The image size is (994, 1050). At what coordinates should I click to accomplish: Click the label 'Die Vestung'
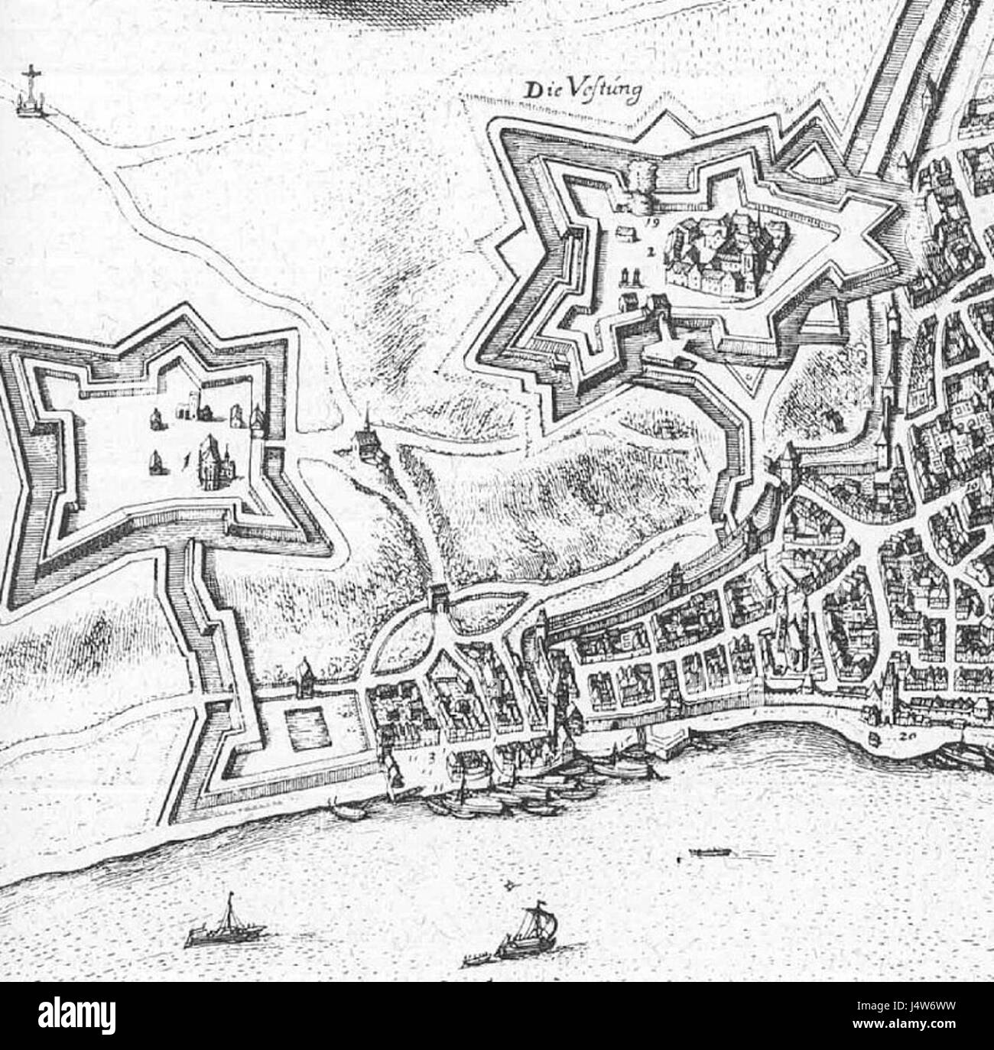(x=581, y=89)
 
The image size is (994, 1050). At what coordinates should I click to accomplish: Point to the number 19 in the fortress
(x=651, y=223)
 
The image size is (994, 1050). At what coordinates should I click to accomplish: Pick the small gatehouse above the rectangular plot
(x=304, y=675)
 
